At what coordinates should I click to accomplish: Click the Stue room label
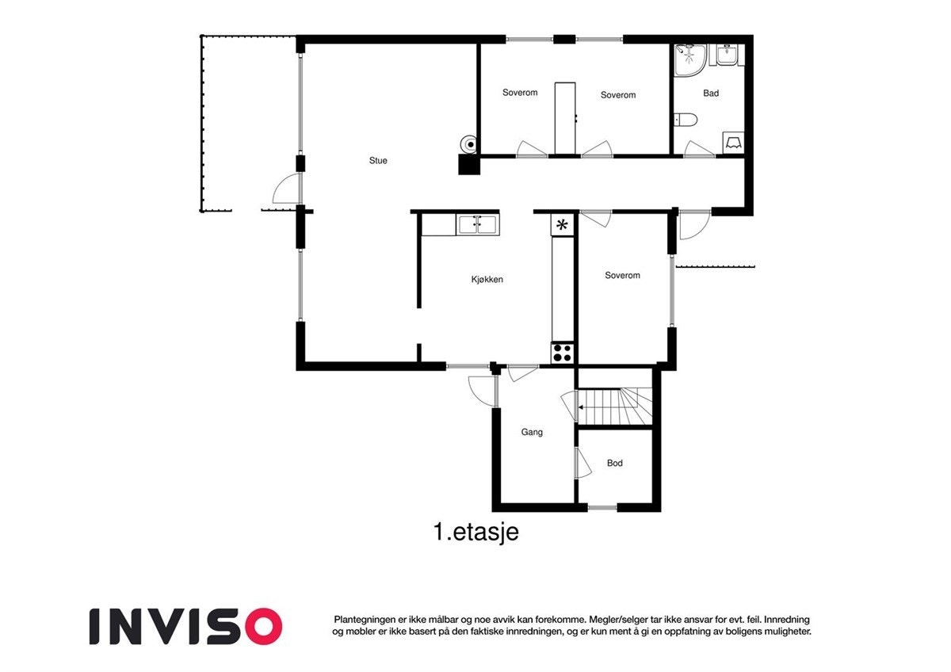[x=378, y=161]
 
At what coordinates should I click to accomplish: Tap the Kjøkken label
[x=487, y=279]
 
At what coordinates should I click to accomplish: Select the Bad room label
[x=711, y=94]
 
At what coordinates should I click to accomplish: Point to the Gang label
[x=532, y=433]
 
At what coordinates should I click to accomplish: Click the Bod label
[x=615, y=463]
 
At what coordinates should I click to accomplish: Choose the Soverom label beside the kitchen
[x=622, y=276]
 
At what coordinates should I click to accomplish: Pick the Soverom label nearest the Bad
[x=618, y=95]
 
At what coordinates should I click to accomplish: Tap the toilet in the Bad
[x=686, y=120]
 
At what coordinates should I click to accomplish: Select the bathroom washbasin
[x=728, y=55]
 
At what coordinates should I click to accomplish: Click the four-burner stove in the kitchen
[x=563, y=353]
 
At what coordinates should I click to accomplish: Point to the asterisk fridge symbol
[x=563, y=225]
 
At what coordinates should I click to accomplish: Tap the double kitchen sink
[x=478, y=225]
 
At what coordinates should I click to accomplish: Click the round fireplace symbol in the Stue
[x=470, y=144]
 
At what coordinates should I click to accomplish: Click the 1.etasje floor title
[x=475, y=533]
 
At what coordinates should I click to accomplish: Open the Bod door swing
[x=583, y=463]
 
